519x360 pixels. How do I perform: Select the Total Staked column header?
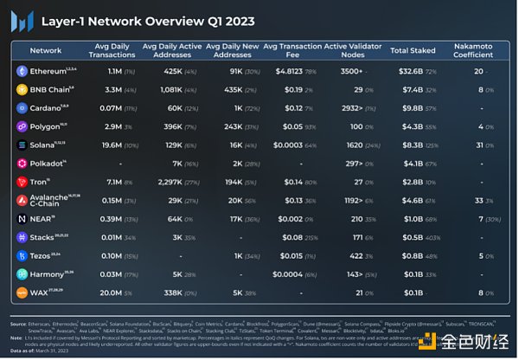point(412,51)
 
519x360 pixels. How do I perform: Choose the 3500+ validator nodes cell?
point(350,71)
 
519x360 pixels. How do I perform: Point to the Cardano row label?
point(49,108)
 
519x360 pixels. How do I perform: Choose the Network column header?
point(45,51)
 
